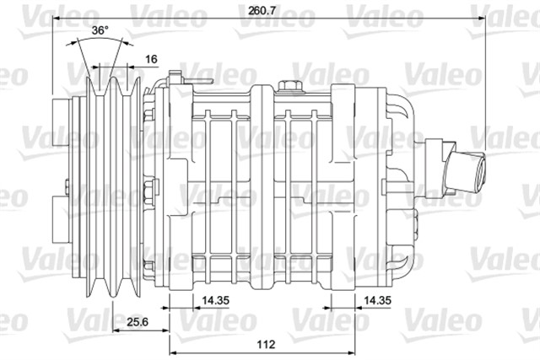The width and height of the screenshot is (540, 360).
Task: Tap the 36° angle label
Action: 100,30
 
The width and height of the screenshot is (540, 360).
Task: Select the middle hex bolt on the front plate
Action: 148,187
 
